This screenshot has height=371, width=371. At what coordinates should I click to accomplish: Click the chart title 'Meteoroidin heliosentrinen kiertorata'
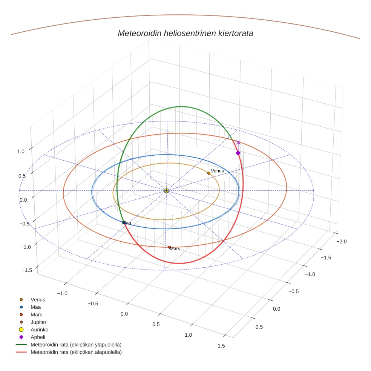pyautogui.click(x=185, y=33)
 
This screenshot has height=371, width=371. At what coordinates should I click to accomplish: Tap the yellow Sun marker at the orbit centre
pyautogui.click(x=166, y=191)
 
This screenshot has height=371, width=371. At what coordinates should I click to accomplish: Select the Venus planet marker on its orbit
pyautogui.click(x=209, y=173)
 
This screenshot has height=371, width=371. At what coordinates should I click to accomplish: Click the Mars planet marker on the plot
pyautogui.click(x=170, y=247)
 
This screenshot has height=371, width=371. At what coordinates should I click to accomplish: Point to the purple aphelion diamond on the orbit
pyautogui.click(x=238, y=153)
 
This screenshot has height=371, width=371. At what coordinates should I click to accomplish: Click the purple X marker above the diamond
pyautogui.click(x=238, y=142)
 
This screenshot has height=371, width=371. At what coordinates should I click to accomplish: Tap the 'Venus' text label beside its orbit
pyautogui.click(x=218, y=171)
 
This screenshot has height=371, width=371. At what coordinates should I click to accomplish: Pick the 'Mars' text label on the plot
pyautogui.click(x=175, y=249)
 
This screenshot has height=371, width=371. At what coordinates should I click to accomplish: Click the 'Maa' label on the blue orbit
pyautogui.click(x=127, y=223)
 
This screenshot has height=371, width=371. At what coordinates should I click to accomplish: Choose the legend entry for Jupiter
pyautogui.click(x=38, y=322)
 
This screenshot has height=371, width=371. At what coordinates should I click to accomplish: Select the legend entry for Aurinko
pyautogui.click(x=39, y=330)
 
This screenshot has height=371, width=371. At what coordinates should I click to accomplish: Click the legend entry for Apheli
pyautogui.click(x=38, y=337)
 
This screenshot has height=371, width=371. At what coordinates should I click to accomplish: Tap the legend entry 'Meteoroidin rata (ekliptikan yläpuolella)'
pyautogui.click(x=76, y=345)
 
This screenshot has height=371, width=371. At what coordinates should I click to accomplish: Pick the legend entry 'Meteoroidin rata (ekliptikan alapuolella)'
pyautogui.click(x=76, y=352)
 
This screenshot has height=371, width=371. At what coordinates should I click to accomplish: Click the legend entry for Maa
pyautogui.click(x=35, y=307)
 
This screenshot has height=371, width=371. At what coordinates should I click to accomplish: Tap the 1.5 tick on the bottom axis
pyautogui.click(x=221, y=346)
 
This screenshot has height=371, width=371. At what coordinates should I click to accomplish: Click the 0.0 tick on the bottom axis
pyautogui.click(x=124, y=314)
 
